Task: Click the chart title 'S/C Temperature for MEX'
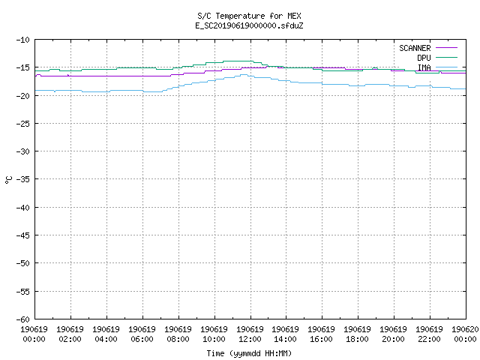point(249,16)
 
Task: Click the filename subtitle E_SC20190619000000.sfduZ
point(249,25)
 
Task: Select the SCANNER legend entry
point(428,48)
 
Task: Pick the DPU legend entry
point(437,58)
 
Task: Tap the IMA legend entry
point(437,67)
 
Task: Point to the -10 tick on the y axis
point(23,40)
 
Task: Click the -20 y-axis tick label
point(23,96)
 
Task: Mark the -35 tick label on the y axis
point(23,179)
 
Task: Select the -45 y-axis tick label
point(23,235)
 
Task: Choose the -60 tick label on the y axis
point(23,319)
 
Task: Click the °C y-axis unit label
point(8,180)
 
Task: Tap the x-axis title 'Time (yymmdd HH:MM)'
point(249,353)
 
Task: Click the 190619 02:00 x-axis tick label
point(70,334)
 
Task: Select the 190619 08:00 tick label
point(178,334)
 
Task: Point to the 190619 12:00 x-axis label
point(250,334)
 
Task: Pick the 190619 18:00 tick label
point(357,334)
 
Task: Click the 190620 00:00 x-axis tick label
point(465,334)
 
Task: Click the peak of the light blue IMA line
point(244,74)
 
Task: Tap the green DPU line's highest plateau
point(238,61)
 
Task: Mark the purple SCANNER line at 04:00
point(106,76)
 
